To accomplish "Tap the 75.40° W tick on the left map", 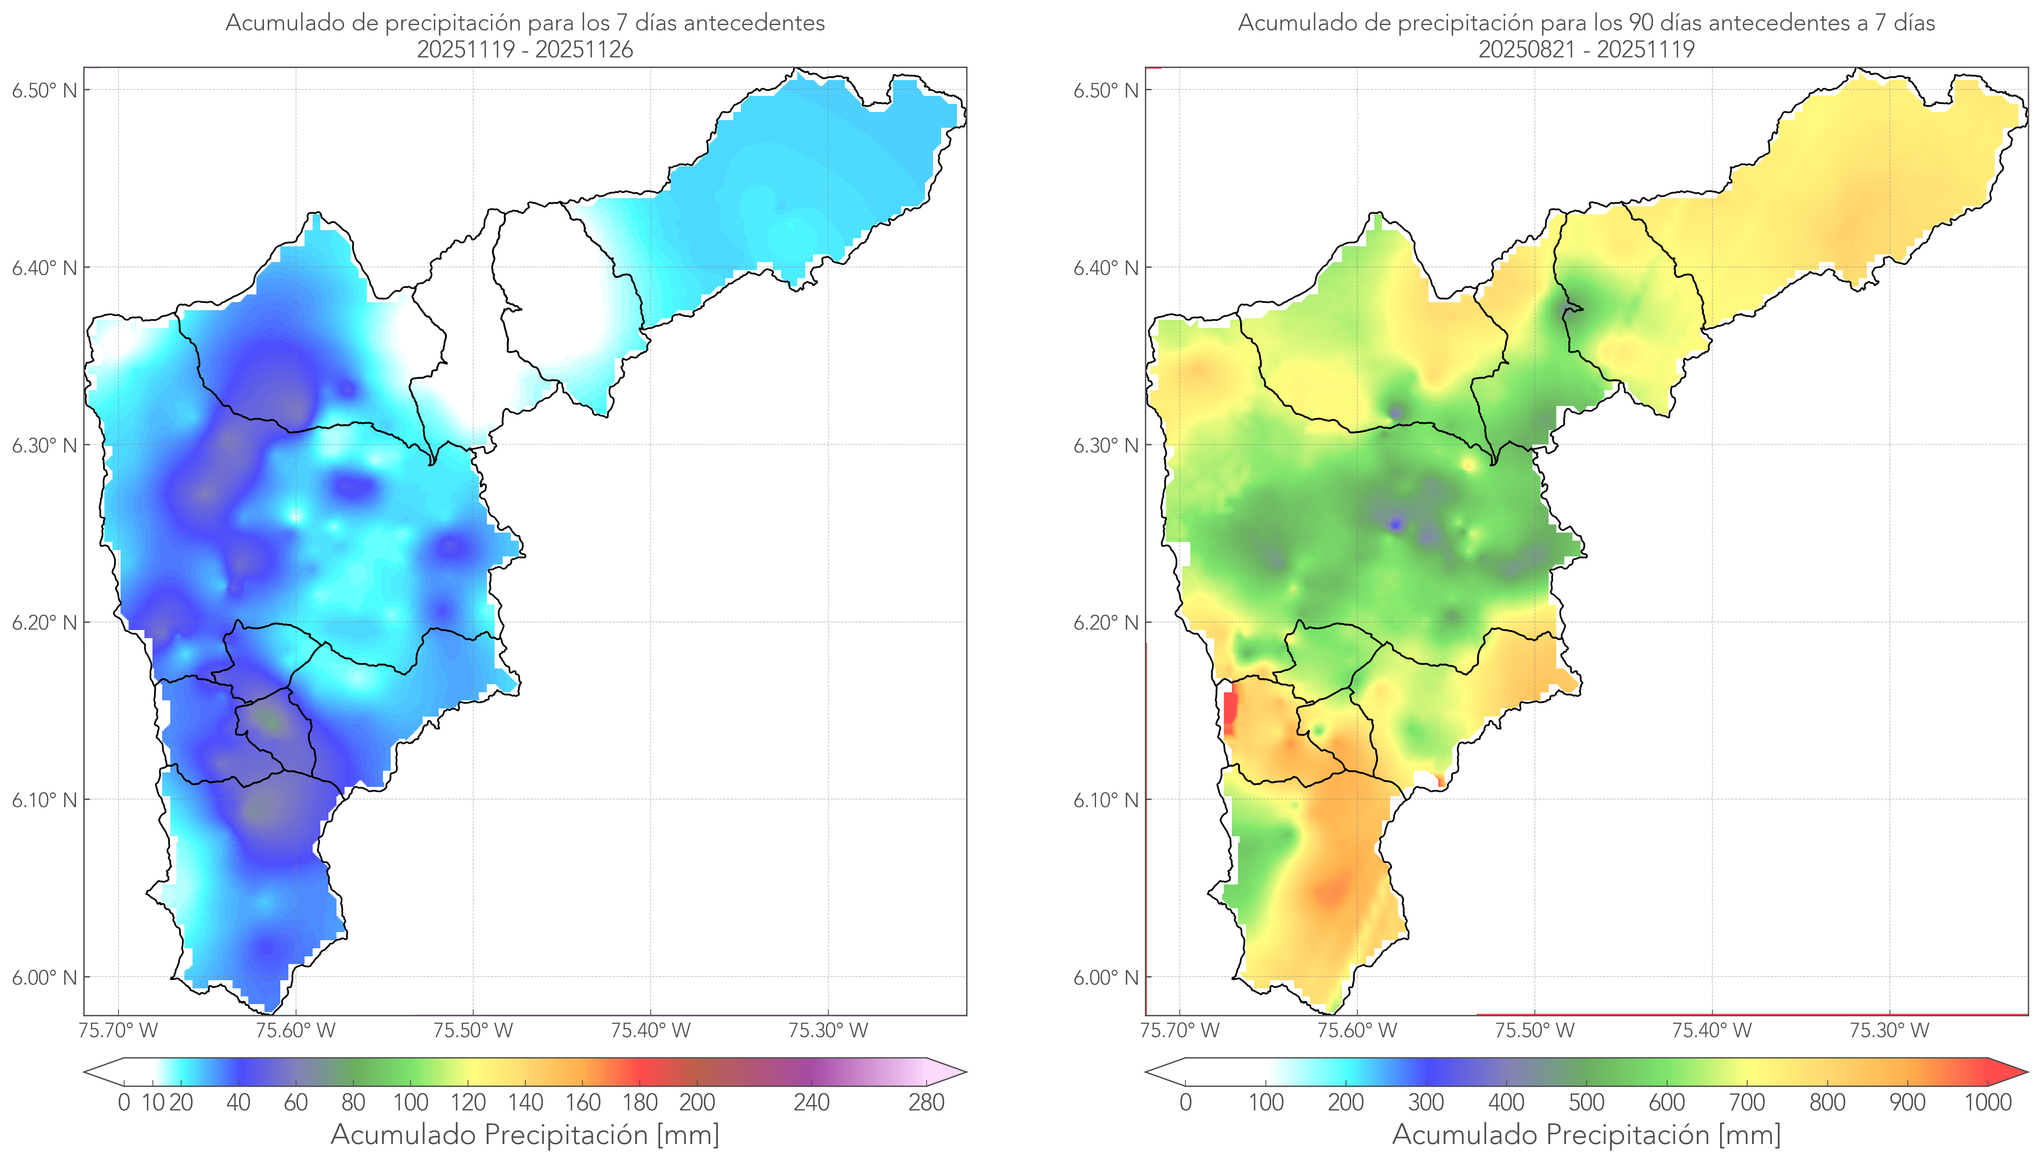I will point(650,1030).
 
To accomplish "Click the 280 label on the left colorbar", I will point(927,1102).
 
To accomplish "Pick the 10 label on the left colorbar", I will point(152,1102).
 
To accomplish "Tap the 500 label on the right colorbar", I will point(1586,1102).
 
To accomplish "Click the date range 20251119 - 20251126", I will point(525,49).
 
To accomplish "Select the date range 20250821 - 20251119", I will point(1586,49).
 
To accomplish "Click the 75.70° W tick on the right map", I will point(1180,1030).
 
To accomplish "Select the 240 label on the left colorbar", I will point(812,1102).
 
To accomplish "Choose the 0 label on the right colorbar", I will point(1185,1102).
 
